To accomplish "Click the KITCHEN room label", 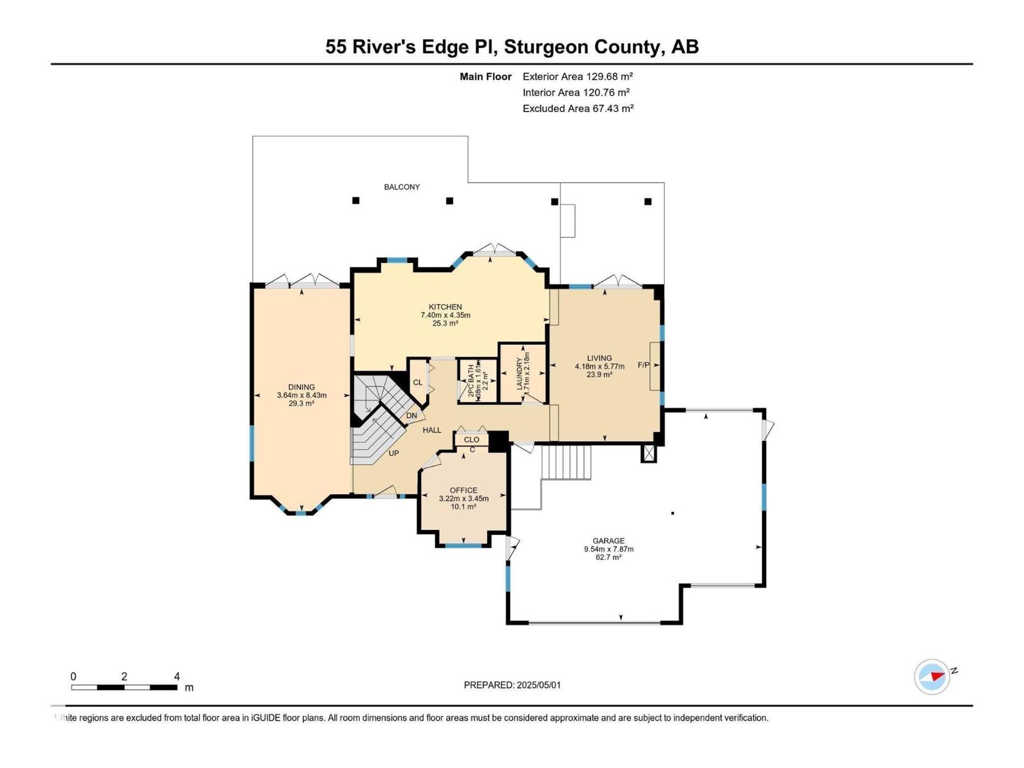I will [x=445, y=307].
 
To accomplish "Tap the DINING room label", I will [x=301, y=387].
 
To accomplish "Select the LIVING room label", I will [x=600, y=358].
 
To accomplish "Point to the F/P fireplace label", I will [x=643, y=365].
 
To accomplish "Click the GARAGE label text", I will [x=608, y=541].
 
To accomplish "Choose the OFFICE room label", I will [x=463, y=491].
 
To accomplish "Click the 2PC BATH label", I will [x=472, y=381].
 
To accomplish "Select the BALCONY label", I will [x=402, y=187].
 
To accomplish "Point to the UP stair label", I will [x=394, y=453].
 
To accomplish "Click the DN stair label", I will [x=412, y=415].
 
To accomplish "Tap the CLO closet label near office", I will [x=472, y=440].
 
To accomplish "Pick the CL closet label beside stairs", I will [x=417, y=383].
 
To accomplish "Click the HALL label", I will [x=432, y=430].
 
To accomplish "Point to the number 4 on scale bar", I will [x=177, y=676].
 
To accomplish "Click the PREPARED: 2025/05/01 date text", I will [x=512, y=685].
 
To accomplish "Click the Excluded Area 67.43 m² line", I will [x=577, y=109].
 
